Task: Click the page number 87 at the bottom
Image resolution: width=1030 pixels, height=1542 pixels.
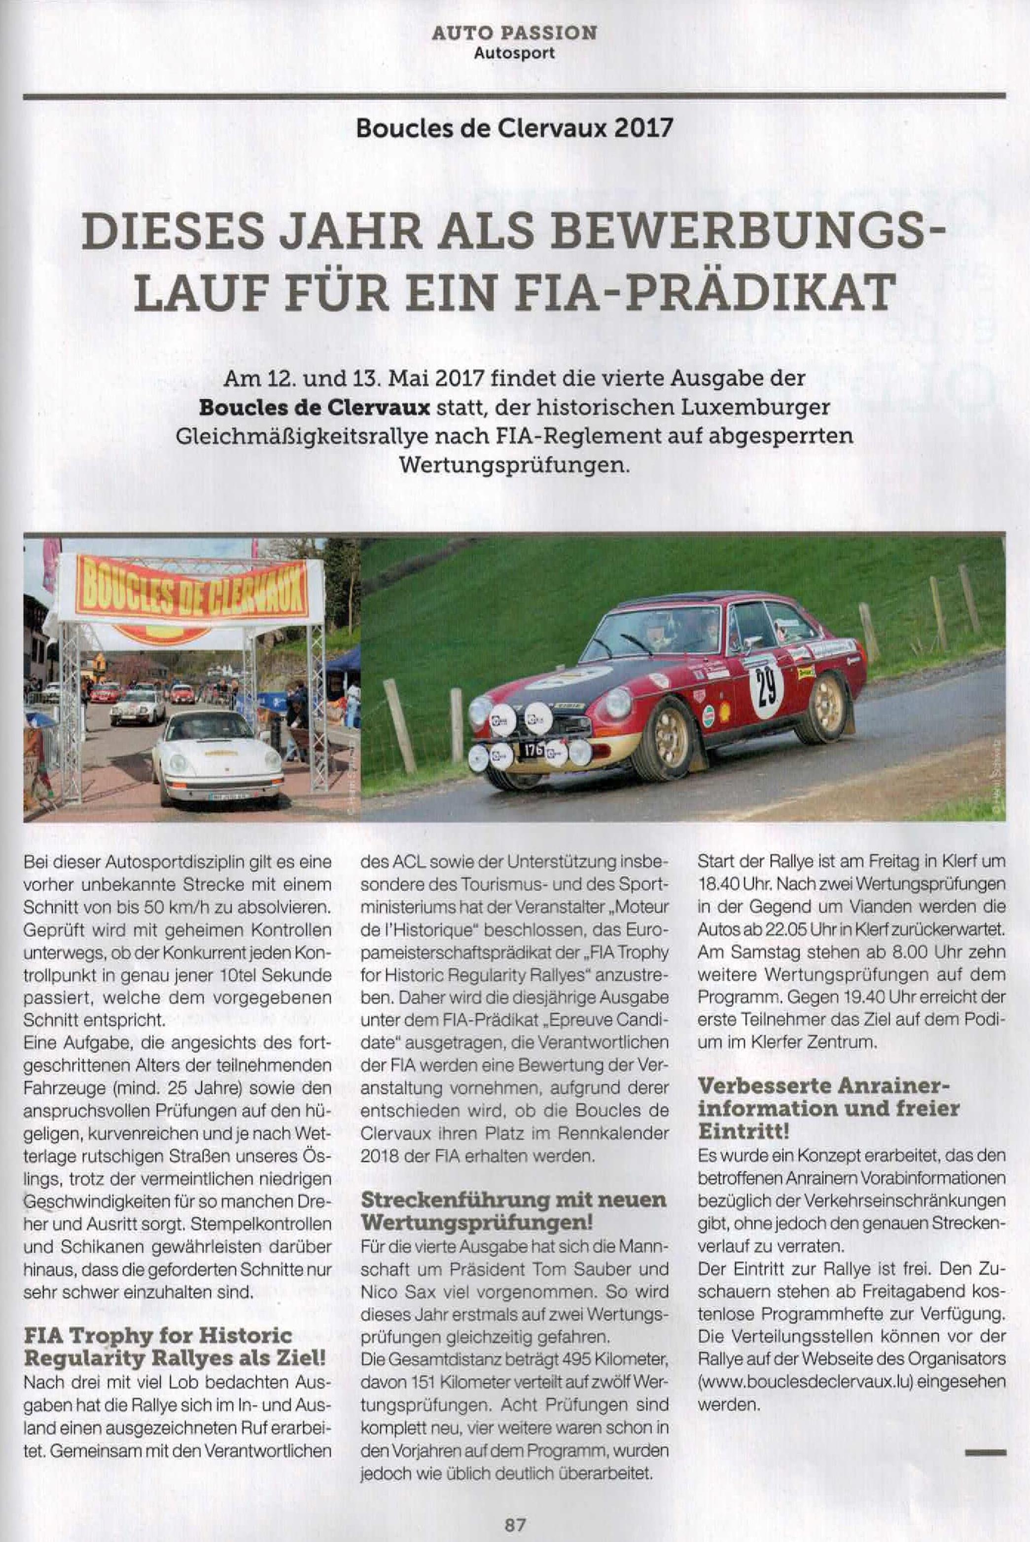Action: pyautogui.click(x=514, y=1523)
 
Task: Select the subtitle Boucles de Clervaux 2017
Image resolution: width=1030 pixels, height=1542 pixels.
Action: pyautogui.click(x=514, y=127)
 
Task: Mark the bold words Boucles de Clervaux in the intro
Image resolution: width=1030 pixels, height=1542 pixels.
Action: pyautogui.click(x=315, y=408)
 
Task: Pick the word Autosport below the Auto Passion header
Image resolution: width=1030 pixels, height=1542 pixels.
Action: pyautogui.click(x=514, y=53)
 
